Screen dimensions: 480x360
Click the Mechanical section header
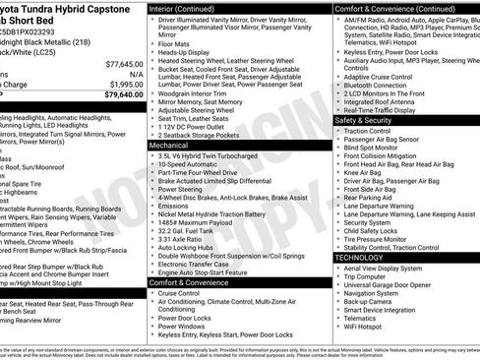click(169, 145)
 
